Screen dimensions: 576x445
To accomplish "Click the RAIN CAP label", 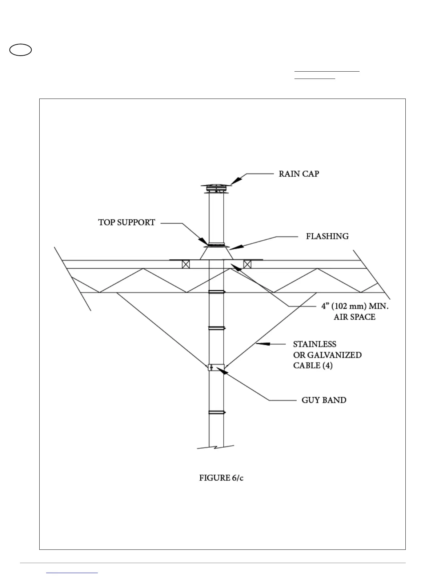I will point(298,174).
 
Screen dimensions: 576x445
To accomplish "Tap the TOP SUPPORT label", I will point(127,223).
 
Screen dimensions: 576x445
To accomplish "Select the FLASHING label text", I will point(327,236).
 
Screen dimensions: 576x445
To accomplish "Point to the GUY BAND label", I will point(324,400).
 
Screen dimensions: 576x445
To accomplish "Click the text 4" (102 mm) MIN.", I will point(355,306).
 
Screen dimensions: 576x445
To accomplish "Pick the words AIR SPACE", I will point(354,317).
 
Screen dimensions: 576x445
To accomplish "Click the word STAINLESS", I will point(314,344).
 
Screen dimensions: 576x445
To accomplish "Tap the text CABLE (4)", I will point(313,365).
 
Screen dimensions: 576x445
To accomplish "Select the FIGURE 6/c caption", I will point(221,478).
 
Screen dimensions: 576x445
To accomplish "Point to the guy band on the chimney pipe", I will point(216,367).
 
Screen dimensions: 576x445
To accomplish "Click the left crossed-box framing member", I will point(186,264).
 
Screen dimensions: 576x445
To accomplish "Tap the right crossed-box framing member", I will point(247,264).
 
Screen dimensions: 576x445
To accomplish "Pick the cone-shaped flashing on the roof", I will point(216,253).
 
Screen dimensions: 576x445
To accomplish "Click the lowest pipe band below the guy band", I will point(217,412).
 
